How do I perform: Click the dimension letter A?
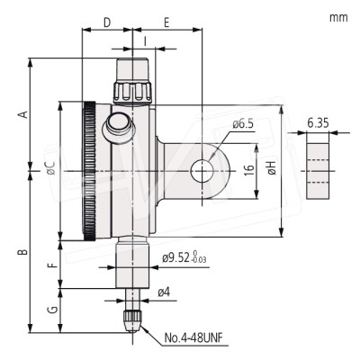(x=24, y=113)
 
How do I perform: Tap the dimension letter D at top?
(x=106, y=19)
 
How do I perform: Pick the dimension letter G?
(x=52, y=310)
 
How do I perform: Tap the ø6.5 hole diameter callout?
(x=243, y=124)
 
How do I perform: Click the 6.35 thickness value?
(x=317, y=121)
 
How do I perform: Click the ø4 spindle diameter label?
(x=164, y=292)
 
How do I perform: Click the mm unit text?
(x=338, y=17)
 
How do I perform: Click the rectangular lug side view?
(x=317, y=167)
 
